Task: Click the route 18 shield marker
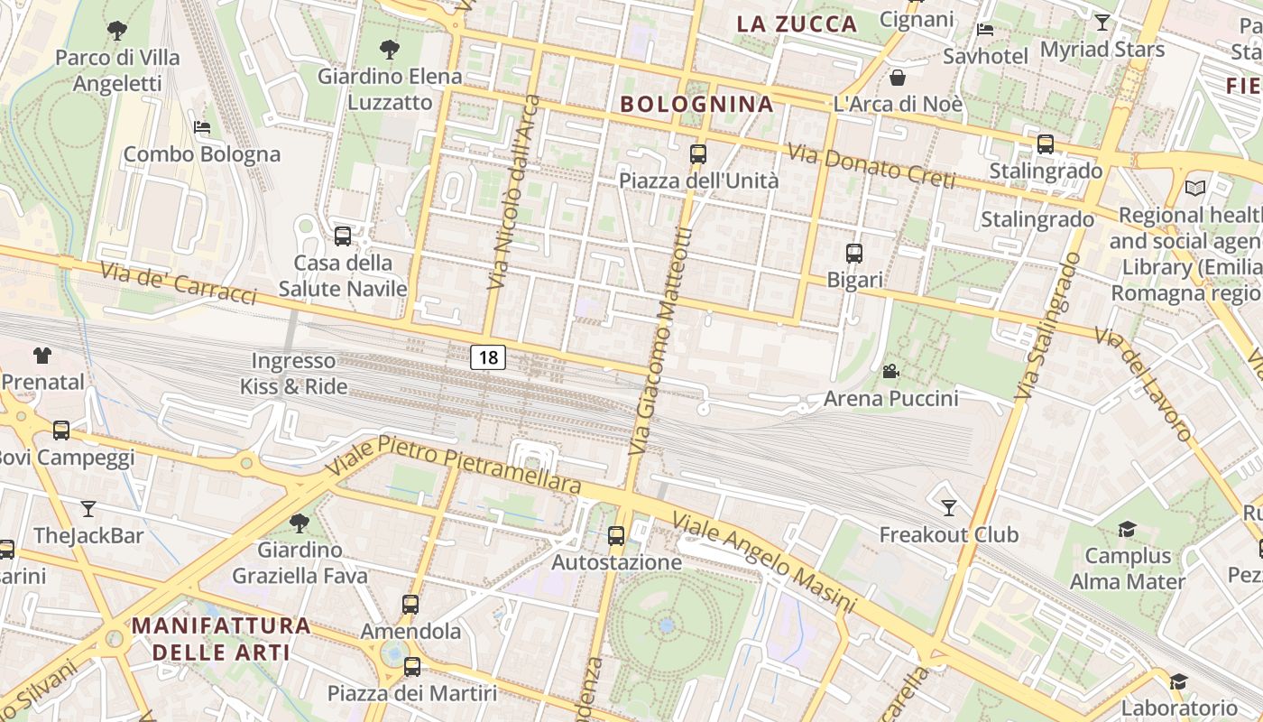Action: tap(488, 357)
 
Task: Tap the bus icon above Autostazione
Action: tap(616, 536)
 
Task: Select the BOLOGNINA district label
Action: tap(696, 104)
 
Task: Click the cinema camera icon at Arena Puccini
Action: tap(890, 372)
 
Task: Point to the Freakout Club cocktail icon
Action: tap(948, 508)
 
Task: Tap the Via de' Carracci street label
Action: tap(178, 283)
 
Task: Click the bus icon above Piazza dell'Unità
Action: tap(697, 154)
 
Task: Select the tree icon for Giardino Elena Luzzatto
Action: tap(390, 50)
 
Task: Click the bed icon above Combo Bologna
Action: tap(202, 127)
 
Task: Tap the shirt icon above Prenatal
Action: tap(42, 356)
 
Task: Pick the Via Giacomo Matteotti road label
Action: tap(663, 341)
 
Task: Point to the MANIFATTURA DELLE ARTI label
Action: tap(221, 638)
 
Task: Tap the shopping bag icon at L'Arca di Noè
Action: tap(898, 78)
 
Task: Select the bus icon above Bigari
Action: tap(854, 254)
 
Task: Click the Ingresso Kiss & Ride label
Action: tap(293, 374)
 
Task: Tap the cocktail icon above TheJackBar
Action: tap(88, 509)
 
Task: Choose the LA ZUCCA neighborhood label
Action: tap(796, 24)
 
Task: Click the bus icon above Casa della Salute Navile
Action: tap(343, 236)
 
